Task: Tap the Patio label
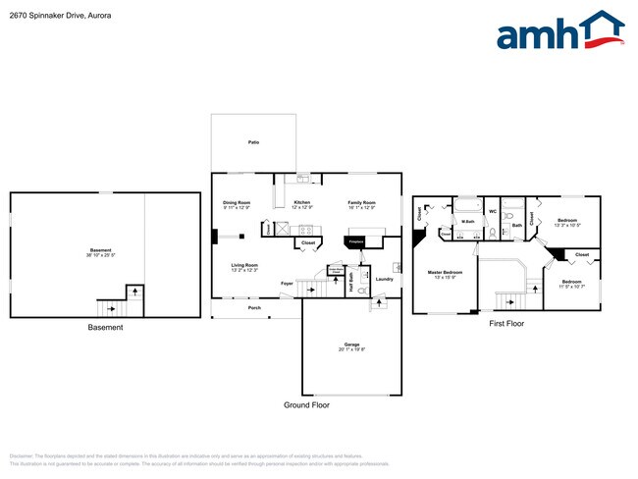pyautogui.click(x=253, y=143)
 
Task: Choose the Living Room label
pyautogui.click(x=244, y=266)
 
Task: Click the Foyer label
pyautogui.click(x=287, y=284)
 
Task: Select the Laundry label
pyautogui.click(x=384, y=280)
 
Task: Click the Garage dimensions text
pyautogui.click(x=352, y=349)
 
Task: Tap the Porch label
pyautogui.click(x=254, y=308)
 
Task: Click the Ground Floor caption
pyautogui.click(x=308, y=404)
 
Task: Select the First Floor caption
pyautogui.click(x=505, y=323)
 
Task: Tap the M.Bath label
pyautogui.click(x=468, y=221)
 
